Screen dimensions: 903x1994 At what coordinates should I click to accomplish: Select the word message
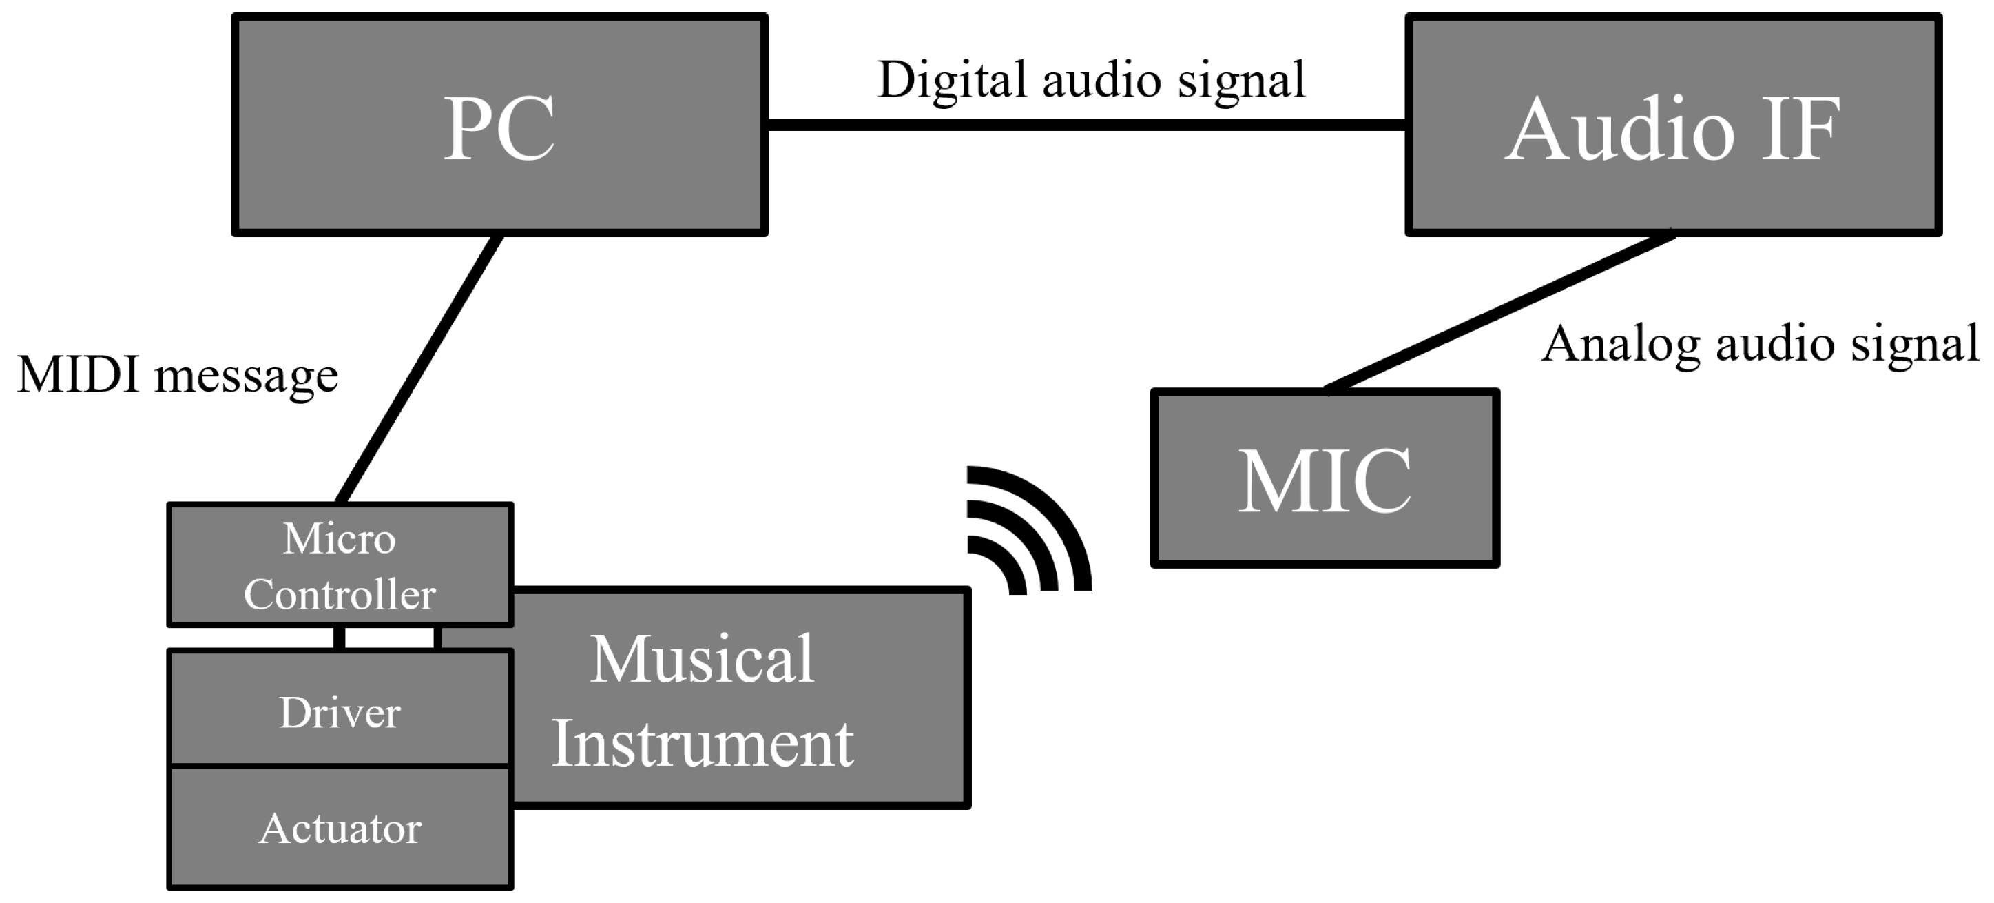coord(246,378)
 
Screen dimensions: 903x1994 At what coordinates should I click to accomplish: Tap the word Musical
coord(702,660)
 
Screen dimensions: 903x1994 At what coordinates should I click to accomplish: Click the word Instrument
coord(702,744)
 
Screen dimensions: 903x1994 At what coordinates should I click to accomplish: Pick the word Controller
coord(339,595)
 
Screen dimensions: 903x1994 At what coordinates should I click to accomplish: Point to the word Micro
coord(339,538)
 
